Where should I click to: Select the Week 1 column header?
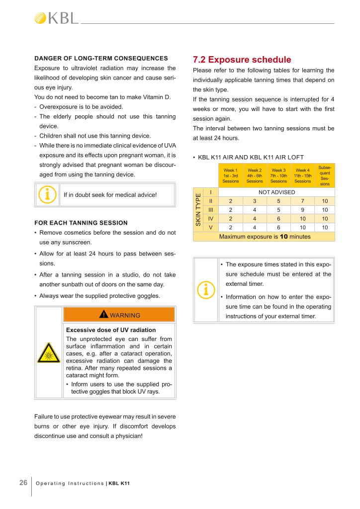[231, 176]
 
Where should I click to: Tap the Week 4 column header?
[302, 176]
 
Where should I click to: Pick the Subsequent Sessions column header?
[325, 176]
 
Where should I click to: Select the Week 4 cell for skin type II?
[302, 201]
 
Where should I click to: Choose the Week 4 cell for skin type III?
[302, 210]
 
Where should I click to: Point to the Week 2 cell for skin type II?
[255, 201]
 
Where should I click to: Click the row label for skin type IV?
[211, 218]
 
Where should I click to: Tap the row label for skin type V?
[211, 227]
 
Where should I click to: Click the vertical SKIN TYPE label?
[198, 210]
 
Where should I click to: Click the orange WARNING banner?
[119, 315]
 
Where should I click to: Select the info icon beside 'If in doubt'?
[48, 195]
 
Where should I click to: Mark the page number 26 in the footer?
[23, 483]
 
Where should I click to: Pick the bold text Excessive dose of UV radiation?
[111, 330]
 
